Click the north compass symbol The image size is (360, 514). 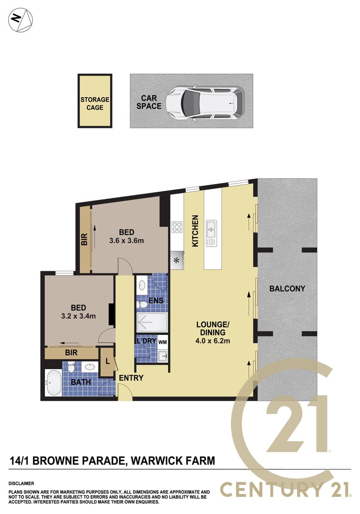click(21, 20)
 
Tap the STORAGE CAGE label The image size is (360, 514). click(95, 104)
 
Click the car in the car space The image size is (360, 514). click(205, 103)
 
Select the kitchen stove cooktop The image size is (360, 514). click(177, 227)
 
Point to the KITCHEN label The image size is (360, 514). click(195, 231)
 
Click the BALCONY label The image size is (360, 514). click(287, 289)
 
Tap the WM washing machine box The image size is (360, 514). click(163, 342)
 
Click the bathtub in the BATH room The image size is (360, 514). click(53, 383)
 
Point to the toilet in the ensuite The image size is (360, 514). click(142, 305)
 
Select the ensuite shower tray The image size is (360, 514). click(152, 322)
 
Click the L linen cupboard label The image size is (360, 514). click(107, 362)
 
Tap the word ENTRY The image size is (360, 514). click(131, 378)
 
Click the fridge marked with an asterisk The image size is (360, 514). click(177, 260)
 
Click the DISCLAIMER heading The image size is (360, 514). click(21, 484)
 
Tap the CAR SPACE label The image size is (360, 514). click(149, 102)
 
